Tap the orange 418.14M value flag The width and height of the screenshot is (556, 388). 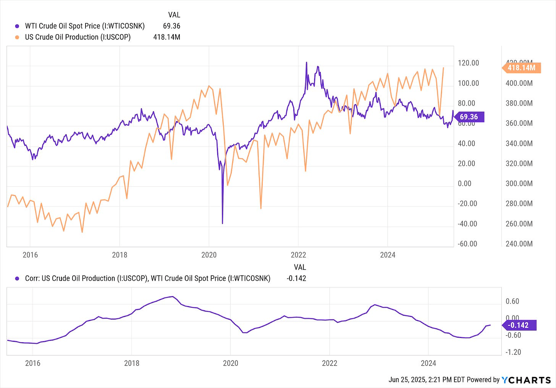point(522,68)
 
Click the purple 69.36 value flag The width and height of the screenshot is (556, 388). point(469,117)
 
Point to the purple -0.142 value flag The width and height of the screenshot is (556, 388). point(520,325)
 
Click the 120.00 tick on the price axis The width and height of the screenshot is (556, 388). point(468,63)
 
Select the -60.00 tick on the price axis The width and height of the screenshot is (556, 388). point(467,244)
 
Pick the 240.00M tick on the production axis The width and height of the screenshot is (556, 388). point(519,244)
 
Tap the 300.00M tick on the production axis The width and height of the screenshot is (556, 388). point(519,184)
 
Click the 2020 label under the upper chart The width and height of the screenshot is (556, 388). point(209,255)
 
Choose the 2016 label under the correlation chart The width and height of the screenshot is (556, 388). point(33,363)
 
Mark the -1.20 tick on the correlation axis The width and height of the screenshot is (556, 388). point(513,352)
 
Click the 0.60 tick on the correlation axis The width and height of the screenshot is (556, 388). point(512,301)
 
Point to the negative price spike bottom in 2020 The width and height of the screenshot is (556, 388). point(223,223)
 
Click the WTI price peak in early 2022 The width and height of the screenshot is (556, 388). point(306,62)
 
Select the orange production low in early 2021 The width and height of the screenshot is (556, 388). point(261,208)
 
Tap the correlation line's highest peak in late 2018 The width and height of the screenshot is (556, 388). point(173,296)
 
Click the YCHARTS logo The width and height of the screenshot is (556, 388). point(526,380)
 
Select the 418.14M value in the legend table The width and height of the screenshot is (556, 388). point(167,37)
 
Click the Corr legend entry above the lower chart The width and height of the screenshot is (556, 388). point(147,279)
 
